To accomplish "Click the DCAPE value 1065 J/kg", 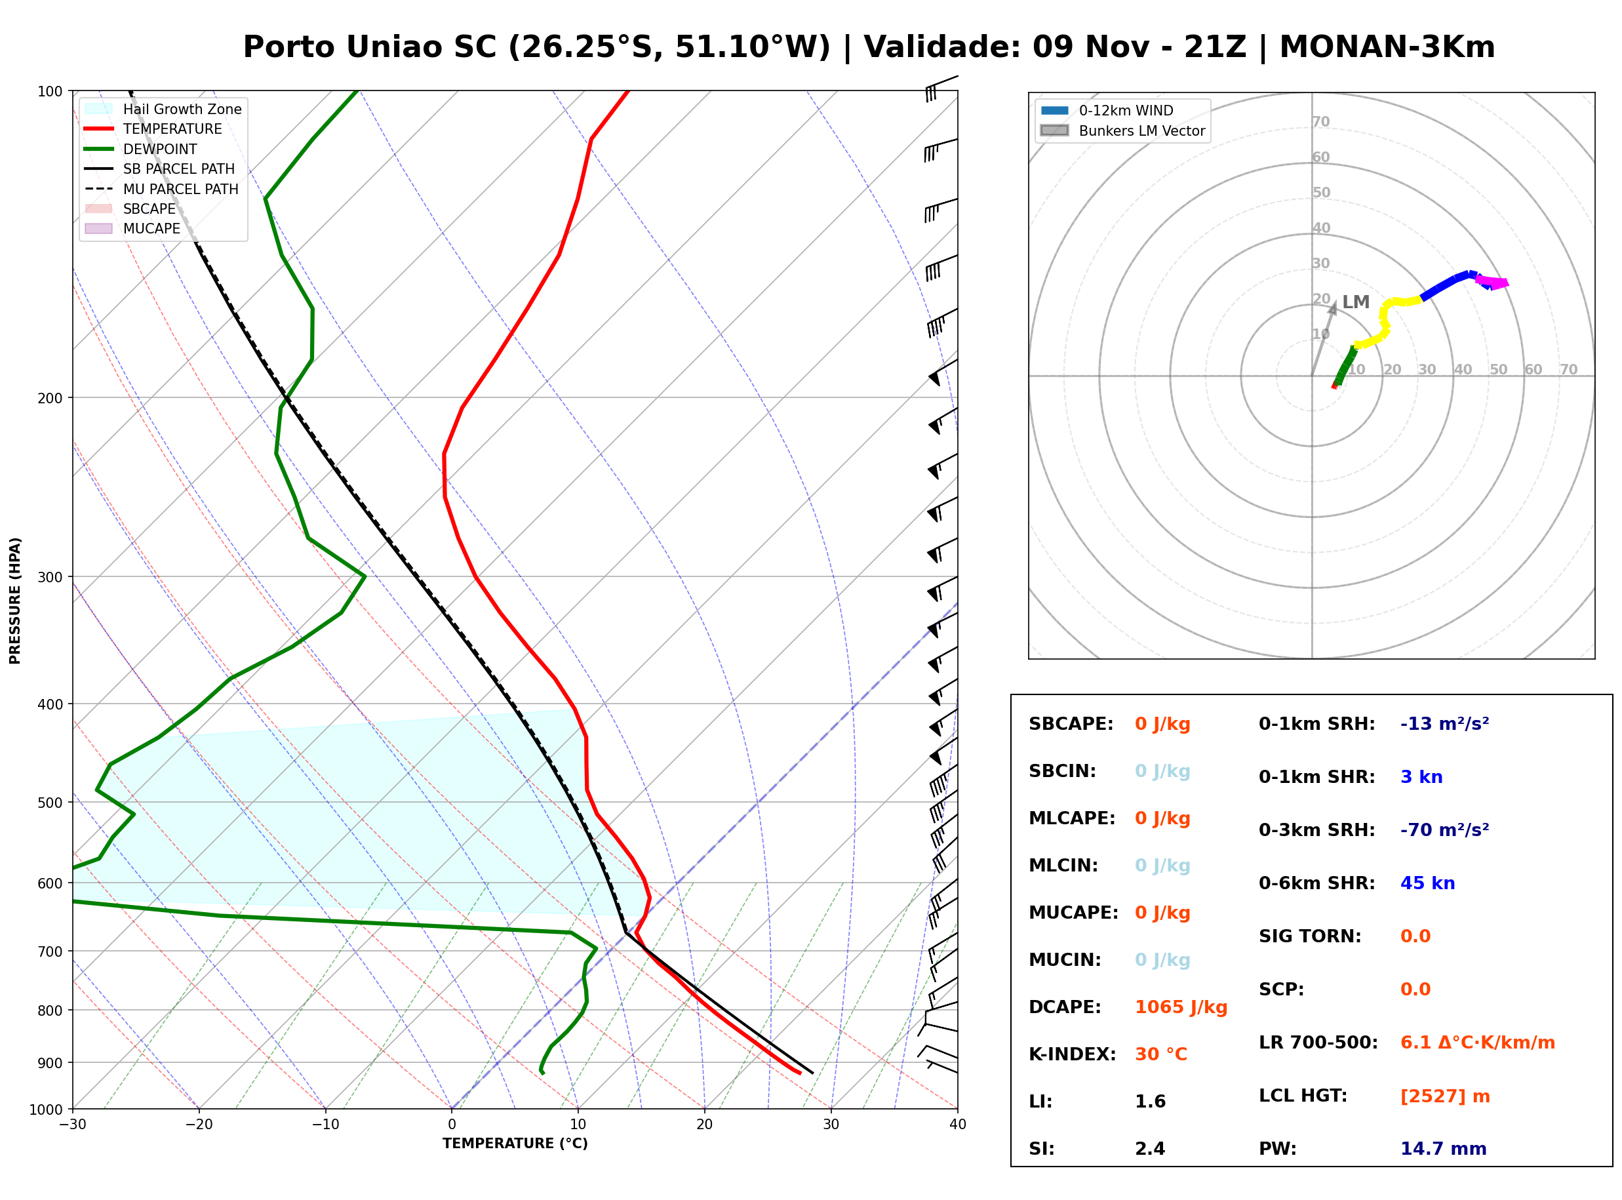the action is coord(1181,1007).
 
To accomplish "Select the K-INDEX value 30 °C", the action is coord(1161,1054).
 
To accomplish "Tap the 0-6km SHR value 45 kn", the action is coord(1427,883).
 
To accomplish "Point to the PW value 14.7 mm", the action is coord(1444,1148).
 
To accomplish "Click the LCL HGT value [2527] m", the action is coord(1445,1096).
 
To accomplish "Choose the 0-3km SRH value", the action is coord(1445,830).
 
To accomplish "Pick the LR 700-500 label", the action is coord(1318,1043).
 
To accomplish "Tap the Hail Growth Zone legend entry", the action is coord(163,109).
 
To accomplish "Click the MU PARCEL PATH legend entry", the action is coord(162,189).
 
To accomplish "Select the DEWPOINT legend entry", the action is coord(141,149).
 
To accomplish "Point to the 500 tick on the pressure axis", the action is coord(51,803).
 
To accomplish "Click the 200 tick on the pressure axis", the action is coord(51,398).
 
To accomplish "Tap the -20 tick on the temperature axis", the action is coord(199,1125).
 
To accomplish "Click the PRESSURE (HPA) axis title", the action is coord(15,601).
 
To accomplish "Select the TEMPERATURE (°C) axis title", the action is coord(515,1144).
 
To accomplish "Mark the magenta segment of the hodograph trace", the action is coord(1493,282).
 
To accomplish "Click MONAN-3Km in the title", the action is coord(1387,47).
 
